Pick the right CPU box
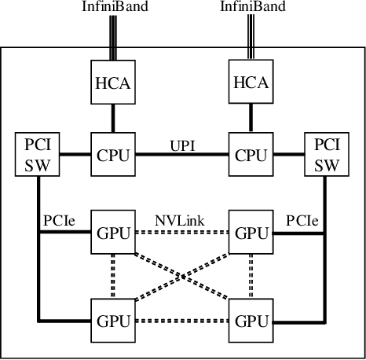click(251, 154)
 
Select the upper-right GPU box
click(251, 233)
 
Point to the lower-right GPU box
click(251, 321)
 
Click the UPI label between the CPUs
click(181, 146)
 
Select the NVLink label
click(181, 222)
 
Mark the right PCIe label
click(303, 222)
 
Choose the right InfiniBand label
click(251, 7)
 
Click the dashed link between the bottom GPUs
click(181, 321)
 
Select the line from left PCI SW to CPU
click(75, 154)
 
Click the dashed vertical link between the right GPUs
click(251, 276)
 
